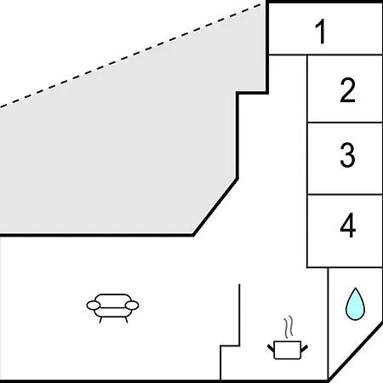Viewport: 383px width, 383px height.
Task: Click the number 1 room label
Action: pyautogui.click(x=321, y=31)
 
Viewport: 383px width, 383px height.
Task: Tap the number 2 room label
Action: pyautogui.click(x=347, y=90)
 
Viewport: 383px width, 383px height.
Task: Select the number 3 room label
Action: pyautogui.click(x=347, y=155)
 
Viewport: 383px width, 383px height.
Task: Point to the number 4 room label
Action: pyautogui.click(x=348, y=226)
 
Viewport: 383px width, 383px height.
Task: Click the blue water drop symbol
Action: pyautogui.click(x=355, y=304)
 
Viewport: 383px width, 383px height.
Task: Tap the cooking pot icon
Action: pyautogui.click(x=288, y=350)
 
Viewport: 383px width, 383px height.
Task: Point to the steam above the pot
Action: pyautogui.click(x=289, y=327)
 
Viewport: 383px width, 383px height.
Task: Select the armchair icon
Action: pyautogui.click(x=112, y=308)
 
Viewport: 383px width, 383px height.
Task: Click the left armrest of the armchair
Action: pyautogui.click(x=94, y=306)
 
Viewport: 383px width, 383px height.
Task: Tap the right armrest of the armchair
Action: pyautogui.click(x=132, y=306)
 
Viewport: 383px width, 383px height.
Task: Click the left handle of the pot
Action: pyautogui.click(x=271, y=348)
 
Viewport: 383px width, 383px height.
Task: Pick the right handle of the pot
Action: pyautogui.click(x=305, y=348)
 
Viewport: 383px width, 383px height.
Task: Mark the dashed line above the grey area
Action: pyautogui.click(x=130, y=55)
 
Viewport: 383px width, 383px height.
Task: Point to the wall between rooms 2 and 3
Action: pyautogui.click(x=345, y=123)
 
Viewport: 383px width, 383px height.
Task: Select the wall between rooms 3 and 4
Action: pyautogui.click(x=345, y=195)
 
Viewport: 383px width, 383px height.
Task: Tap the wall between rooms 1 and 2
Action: pyautogui.click(x=325, y=54)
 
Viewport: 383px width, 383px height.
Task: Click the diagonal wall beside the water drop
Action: pyautogui.click(x=356, y=352)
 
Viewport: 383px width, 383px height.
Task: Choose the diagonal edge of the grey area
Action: pyautogui.click(x=215, y=207)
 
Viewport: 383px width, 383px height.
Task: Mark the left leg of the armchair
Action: pyautogui.click(x=100, y=320)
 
